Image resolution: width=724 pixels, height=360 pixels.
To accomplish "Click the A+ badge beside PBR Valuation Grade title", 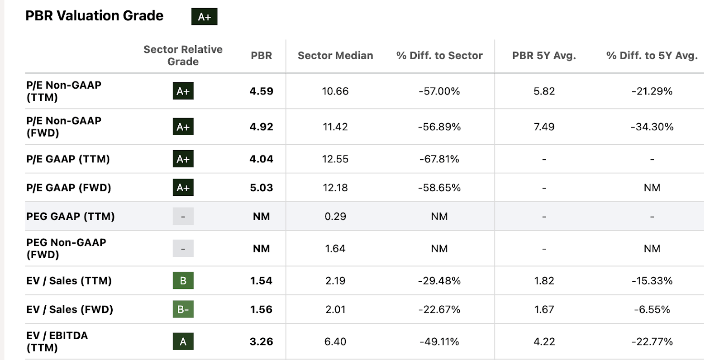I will [x=204, y=17].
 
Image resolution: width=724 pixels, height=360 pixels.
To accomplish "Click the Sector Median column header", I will [x=335, y=56].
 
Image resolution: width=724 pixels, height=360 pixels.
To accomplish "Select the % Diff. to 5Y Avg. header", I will [x=652, y=56].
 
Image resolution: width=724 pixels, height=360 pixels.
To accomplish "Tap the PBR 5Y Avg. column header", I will [x=544, y=56].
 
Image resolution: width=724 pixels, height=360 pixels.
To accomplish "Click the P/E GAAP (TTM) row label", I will [x=68, y=159].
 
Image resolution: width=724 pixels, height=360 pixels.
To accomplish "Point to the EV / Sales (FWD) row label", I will [x=70, y=309].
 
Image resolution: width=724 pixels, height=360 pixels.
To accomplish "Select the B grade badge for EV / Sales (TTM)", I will [x=183, y=280].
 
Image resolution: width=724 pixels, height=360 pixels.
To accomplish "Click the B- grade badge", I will [x=183, y=309].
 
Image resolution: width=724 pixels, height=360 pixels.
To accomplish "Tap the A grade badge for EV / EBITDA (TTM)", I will [x=183, y=341].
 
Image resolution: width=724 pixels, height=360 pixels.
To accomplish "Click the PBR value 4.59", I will [x=261, y=91].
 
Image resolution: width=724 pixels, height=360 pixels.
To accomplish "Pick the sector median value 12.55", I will [x=335, y=159].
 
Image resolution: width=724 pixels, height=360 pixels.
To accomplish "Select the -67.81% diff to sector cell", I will [x=439, y=159].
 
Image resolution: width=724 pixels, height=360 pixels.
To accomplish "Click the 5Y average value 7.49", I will [x=544, y=127].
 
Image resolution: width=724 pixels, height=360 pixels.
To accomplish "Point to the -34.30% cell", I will [x=652, y=127].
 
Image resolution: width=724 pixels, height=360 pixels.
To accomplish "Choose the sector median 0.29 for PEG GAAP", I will [x=335, y=217].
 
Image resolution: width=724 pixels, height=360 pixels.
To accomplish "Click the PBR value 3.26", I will [x=261, y=341].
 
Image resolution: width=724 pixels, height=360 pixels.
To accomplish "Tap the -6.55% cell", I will [x=652, y=309].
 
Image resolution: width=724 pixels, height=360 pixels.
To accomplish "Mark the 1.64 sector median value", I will [x=335, y=249].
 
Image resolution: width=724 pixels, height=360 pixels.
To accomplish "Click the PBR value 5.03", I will [x=261, y=188].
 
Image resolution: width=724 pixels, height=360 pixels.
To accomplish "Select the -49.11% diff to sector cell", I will [x=439, y=341].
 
